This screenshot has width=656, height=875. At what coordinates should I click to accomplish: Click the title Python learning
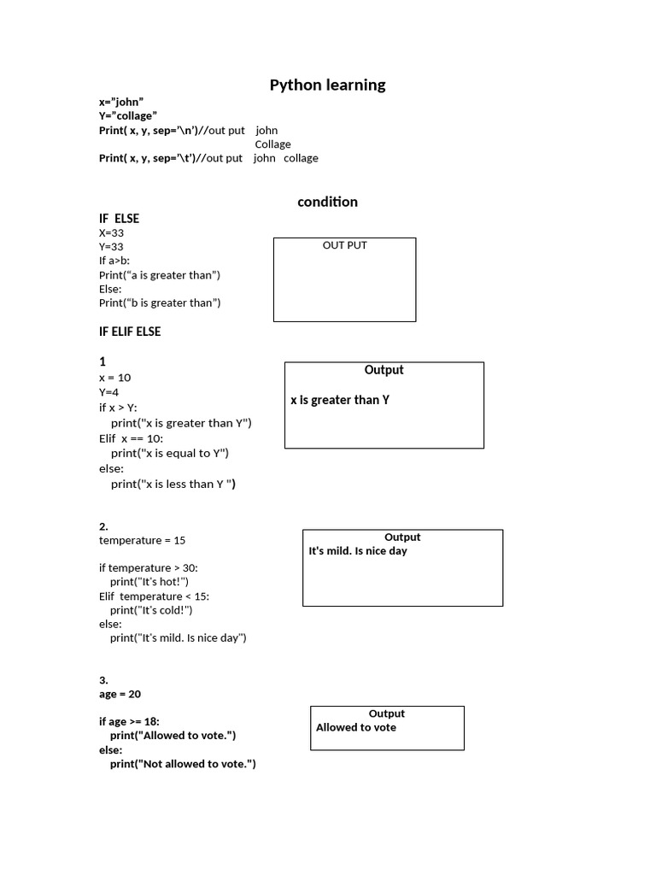pos(327,85)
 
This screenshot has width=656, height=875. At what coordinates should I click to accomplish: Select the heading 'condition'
pos(327,202)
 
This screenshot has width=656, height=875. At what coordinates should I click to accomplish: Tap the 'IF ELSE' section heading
pos(119,219)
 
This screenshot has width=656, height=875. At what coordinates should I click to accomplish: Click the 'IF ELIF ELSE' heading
pos(130,332)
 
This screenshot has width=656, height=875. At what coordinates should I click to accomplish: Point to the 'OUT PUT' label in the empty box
pos(344,245)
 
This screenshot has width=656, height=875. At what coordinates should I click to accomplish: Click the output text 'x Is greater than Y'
pos(340,400)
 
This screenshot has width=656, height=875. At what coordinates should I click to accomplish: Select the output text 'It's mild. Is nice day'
pos(358,551)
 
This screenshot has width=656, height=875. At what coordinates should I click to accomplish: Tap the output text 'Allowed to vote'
pos(356,728)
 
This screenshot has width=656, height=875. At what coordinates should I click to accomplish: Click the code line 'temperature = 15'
pos(142,540)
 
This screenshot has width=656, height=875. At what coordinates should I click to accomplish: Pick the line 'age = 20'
pos(120,695)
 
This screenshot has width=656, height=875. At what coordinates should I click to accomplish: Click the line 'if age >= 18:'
pos(129,721)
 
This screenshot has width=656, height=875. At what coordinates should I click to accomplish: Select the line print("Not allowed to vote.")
pos(183,764)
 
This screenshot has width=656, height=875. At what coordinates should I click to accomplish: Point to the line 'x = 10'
pos(114,378)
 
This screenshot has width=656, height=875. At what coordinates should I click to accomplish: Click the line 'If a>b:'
pos(114,261)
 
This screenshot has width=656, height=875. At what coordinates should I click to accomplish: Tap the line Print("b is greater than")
pos(160,302)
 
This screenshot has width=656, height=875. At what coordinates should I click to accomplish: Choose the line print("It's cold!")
pos(151,610)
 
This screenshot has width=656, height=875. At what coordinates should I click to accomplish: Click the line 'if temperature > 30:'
pos(149,567)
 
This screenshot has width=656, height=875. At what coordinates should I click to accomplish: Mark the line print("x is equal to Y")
pos(170,453)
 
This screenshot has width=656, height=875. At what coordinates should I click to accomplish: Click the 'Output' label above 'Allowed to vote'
pos(387,714)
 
